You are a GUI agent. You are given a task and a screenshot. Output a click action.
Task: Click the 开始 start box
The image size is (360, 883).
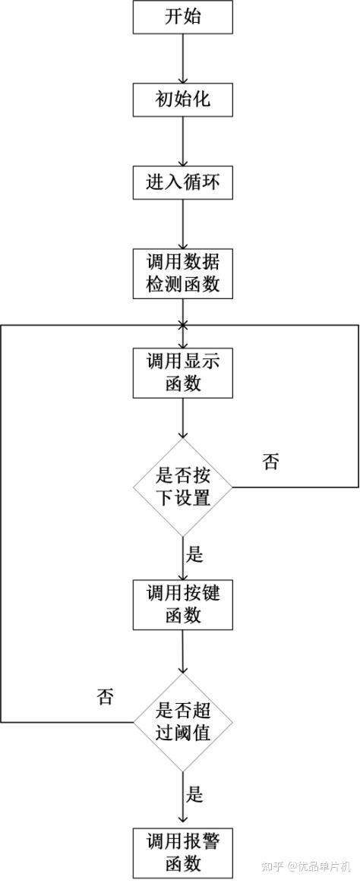[x=183, y=17]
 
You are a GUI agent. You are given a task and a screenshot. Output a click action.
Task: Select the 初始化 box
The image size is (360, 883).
[x=183, y=99]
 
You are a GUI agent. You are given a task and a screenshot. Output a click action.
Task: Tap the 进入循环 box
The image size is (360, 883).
[x=183, y=183]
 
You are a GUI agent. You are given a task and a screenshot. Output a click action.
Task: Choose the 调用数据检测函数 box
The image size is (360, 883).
[x=183, y=275]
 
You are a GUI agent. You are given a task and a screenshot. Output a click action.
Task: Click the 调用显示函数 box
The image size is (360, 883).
[x=183, y=373]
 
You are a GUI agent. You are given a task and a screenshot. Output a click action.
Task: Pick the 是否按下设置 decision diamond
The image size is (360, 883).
[x=183, y=487]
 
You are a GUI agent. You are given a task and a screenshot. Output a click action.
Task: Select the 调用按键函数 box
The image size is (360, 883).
[x=183, y=604]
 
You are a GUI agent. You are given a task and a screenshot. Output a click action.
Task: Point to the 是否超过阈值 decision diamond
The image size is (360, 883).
[x=183, y=722]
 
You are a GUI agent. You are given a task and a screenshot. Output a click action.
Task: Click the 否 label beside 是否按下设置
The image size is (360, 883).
[x=270, y=462]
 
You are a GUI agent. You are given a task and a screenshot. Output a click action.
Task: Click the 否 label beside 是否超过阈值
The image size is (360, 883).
[x=106, y=697]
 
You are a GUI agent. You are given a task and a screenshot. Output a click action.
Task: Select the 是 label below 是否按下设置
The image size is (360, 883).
[x=195, y=555]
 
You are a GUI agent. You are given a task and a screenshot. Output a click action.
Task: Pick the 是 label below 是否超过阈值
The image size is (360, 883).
[x=195, y=795]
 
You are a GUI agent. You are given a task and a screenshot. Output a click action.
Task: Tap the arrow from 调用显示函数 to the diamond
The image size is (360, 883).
[x=183, y=418]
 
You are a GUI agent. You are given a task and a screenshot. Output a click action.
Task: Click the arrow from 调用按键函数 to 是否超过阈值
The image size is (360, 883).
[x=183, y=651]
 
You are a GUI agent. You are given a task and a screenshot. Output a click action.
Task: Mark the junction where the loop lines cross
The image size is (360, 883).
[x=183, y=325]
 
